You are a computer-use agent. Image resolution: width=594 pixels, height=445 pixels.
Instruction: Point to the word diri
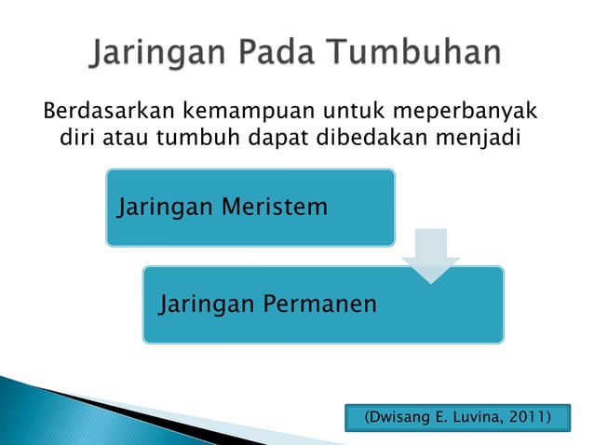coord(76,141)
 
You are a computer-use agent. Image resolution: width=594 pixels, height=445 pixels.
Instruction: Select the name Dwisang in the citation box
coord(401,415)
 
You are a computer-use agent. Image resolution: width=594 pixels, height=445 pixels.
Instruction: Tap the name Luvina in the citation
coord(476,415)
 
